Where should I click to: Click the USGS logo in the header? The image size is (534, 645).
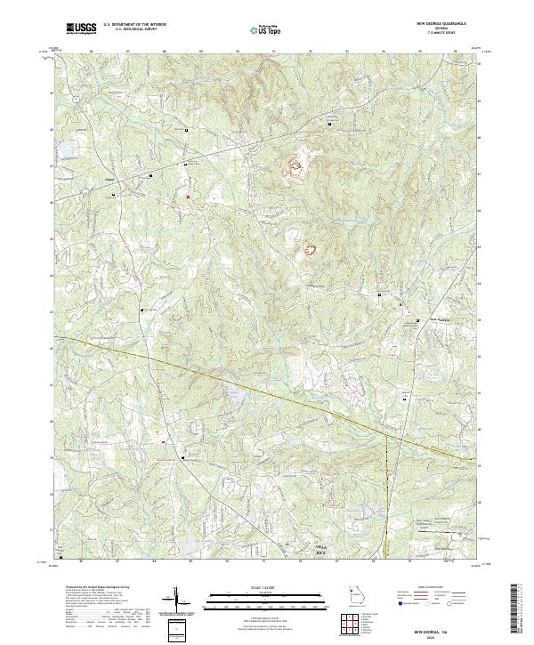click(82, 28)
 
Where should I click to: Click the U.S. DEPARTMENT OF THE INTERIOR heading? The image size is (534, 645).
click(134, 23)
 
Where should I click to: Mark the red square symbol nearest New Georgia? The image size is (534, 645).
click(400, 305)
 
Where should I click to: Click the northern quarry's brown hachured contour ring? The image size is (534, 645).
click(295, 165)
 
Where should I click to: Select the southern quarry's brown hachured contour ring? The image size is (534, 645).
click(312, 250)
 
